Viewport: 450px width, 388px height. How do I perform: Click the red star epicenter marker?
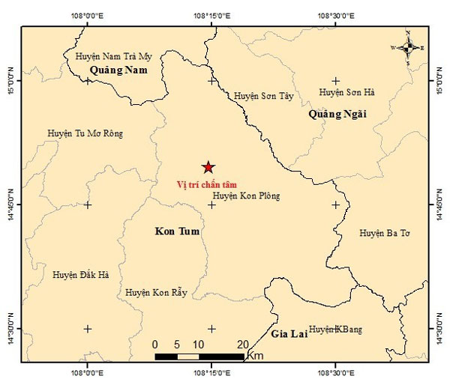[x=208, y=168]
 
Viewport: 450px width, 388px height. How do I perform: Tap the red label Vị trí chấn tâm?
[x=208, y=184]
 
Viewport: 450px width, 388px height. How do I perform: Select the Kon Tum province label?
[x=177, y=231]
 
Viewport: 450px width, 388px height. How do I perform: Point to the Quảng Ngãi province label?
[x=337, y=114]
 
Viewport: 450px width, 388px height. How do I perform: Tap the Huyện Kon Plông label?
[x=246, y=196]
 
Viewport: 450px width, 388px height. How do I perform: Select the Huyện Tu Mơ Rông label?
[x=85, y=134]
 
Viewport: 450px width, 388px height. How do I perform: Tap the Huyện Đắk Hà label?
[x=81, y=276]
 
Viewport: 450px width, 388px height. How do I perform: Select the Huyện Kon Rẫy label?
[x=156, y=292]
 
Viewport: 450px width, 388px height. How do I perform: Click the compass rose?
[x=408, y=48]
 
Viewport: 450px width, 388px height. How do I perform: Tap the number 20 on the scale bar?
[x=242, y=344]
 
